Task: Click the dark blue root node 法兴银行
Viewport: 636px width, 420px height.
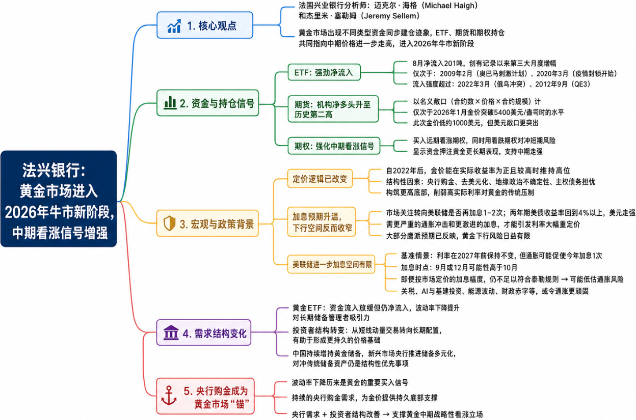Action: click(59, 199)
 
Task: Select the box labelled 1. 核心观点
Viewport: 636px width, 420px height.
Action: click(205, 25)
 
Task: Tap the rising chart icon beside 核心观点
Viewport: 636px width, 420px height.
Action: click(174, 26)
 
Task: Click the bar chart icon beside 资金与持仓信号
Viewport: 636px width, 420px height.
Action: click(170, 103)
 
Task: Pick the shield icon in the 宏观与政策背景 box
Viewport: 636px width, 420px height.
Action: click(169, 223)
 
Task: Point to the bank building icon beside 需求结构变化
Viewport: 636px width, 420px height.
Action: click(171, 332)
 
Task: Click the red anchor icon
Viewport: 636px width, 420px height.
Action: click(169, 396)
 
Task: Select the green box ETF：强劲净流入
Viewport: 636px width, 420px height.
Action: click(324, 72)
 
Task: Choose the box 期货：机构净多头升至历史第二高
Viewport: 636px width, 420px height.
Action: click(333, 109)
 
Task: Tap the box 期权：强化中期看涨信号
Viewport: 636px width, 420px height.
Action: click(334, 146)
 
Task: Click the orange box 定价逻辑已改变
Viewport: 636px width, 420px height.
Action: click(320, 179)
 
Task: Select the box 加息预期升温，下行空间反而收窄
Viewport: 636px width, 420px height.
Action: click(322, 222)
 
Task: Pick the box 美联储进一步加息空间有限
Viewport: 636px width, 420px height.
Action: click(331, 264)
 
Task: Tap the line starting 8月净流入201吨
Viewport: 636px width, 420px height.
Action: click(484, 63)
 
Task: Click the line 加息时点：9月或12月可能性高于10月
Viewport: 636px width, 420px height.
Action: click(459, 267)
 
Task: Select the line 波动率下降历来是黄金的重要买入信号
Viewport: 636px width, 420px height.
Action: click(350, 382)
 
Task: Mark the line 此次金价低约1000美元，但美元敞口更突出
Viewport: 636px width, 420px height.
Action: click(475, 123)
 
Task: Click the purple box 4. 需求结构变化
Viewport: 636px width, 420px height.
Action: click(203, 332)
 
